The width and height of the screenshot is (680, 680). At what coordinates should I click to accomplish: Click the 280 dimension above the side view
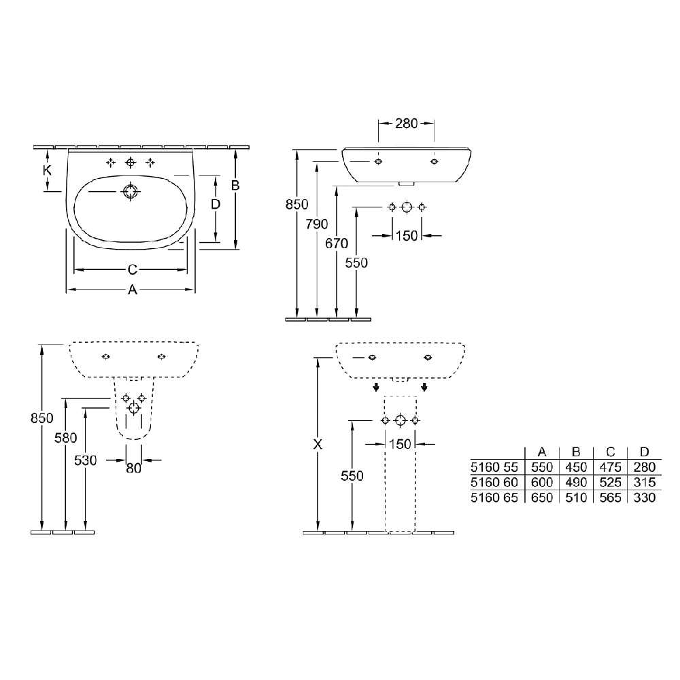[x=407, y=123]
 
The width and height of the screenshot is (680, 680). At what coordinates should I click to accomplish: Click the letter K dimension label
[x=47, y=171]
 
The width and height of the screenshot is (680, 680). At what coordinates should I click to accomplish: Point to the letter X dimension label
[x=317, y=444]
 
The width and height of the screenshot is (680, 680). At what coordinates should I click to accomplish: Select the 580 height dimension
[x=65, y=439]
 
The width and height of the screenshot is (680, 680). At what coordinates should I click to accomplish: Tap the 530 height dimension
[x=86, y=460]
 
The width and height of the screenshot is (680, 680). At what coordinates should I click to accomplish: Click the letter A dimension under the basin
[x=133, y=290]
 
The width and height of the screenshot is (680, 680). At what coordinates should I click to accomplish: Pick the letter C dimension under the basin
[x=133, y=269]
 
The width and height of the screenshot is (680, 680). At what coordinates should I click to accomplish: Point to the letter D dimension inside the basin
[x=215, y=204]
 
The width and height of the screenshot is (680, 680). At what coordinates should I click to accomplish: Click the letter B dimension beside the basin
[x=235, y=185]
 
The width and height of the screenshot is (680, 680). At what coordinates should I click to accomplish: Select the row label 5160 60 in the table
[x=494, y=483]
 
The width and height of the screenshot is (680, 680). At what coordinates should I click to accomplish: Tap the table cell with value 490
[x=575, y=483]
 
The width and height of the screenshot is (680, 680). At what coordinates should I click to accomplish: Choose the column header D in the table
[x=643, y=452]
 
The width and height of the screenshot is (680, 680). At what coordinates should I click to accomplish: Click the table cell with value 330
[x=643, y=498]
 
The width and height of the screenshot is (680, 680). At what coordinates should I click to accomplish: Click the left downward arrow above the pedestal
[x=375, y=388]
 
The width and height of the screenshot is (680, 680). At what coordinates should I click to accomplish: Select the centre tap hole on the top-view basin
[x=131, y=163]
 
